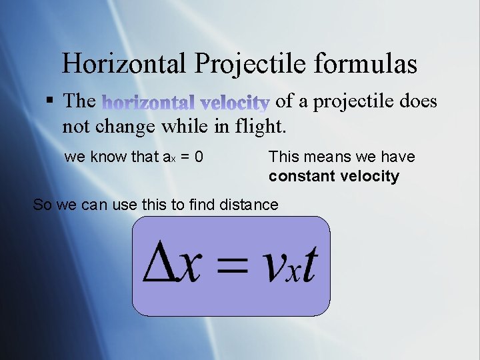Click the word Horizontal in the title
(x=124, y=64)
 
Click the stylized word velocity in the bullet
(x=235, y=103)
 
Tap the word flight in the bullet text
(x=261, y=125)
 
